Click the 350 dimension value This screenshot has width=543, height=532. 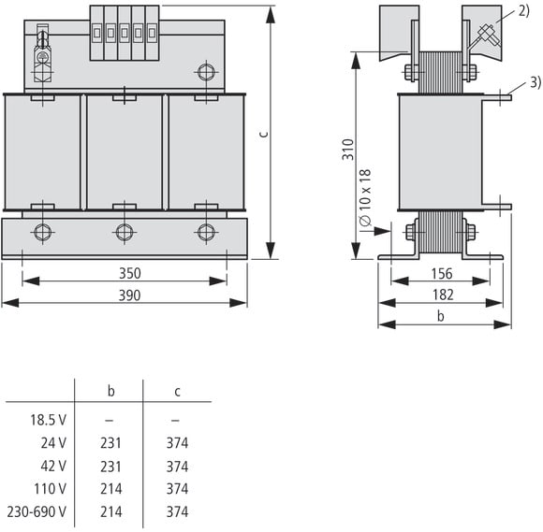click(130, 273)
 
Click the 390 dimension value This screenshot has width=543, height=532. click(130, 295)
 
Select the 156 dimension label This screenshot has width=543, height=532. click(442, 274)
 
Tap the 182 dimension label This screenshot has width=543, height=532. click(443, 295)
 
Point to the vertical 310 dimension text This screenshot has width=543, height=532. click(348, 150)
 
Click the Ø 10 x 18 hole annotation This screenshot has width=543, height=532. click(365, 197)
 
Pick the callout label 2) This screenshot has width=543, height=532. click(524, 11)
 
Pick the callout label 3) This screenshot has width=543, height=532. click(536, 82)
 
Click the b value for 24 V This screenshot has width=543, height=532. click(110, 443)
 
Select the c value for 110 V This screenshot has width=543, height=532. click(177, 489)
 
